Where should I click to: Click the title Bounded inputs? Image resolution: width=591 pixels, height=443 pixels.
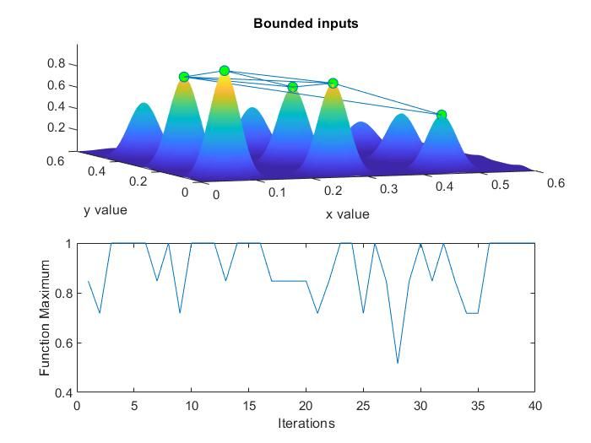[306, 24]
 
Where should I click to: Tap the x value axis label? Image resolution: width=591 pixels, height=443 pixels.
[347, 214]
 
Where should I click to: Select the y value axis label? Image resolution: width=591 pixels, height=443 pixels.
[106, 209]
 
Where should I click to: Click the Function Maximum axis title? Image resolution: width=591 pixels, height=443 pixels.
[46, 318]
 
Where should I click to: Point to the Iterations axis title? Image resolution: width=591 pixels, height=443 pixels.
[306, 424]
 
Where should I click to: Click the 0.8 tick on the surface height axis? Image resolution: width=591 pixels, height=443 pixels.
[56, 63]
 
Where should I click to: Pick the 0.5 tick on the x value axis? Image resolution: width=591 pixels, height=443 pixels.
[501, 186]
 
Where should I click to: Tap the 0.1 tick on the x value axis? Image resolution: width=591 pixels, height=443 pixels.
[277, 193]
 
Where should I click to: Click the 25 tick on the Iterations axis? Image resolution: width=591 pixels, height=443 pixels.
[363, 405]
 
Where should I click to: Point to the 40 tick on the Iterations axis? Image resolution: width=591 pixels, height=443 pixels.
[534, 405]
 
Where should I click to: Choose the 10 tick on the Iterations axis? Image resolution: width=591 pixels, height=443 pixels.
[192, 405]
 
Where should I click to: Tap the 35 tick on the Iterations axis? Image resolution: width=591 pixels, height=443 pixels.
[477, 405]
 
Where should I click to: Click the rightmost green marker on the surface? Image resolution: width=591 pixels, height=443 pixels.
[441, 115]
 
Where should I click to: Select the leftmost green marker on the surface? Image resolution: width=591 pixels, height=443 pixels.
[184, 77]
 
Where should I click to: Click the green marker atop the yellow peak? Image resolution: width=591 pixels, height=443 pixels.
[225, 71]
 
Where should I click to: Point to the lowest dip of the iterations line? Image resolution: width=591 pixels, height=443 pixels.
[398, 363]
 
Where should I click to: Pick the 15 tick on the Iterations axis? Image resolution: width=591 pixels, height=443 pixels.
[249, 405]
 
